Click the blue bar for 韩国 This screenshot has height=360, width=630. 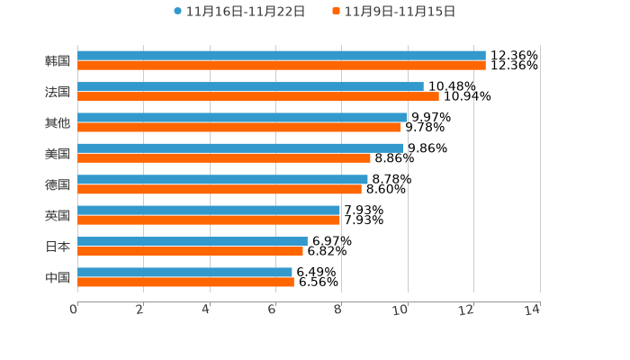click(281, 56)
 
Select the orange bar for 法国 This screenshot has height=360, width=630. click(257, 96)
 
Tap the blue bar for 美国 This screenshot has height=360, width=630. click(240, 148)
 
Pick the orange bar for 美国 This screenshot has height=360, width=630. click(223, 158)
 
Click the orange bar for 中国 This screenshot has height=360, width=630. click(185, 282)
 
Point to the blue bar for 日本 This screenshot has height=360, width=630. click(192, 241)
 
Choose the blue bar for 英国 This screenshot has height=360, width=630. click(208, 211)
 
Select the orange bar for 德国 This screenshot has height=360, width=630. click(219, 189)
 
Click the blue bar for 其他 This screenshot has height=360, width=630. click(242, 117)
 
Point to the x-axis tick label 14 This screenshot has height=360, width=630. click(532, 310)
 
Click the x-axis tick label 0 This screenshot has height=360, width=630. click(75, 310)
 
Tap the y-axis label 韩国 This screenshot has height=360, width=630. click(58, 61)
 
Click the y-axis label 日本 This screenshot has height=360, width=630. click(58, 247)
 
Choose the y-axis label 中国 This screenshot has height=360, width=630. click(58, 277)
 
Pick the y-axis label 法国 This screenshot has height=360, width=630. click(58, 92)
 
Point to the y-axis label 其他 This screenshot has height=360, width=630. click(58, 122)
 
